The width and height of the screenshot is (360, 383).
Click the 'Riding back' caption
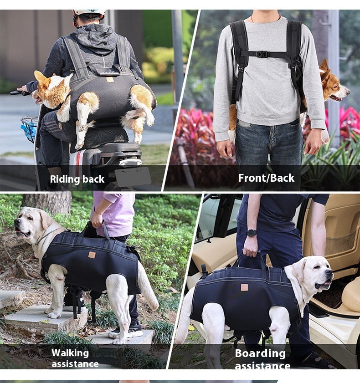point(77,179)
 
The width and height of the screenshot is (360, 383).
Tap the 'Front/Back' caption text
point(266,178)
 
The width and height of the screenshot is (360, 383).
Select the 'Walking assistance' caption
point(75,358)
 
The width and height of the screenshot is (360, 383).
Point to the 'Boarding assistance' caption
point(262,359)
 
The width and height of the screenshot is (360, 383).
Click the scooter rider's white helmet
point(89,13)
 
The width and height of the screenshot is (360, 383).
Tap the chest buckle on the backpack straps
point(262,54)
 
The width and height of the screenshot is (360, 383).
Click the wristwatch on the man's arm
point(251,233)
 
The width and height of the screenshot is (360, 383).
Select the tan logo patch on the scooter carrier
point(110,80)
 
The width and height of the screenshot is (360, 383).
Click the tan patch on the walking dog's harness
point(92,255)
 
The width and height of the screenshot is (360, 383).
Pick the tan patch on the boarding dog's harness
point(244,287)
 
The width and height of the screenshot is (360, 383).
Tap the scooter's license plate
point(133,176)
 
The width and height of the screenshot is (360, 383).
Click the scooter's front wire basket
point(29,128)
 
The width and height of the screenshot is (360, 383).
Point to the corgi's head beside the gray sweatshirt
point(334,83)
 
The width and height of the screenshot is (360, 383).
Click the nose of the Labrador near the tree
point(16,221)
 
